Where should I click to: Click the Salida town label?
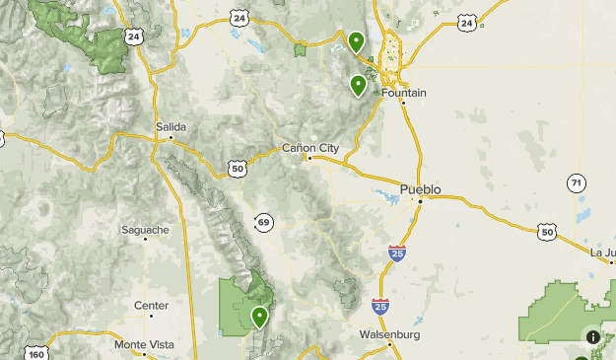click(x=171, y=126)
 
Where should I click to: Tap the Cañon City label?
click(x=309, y=148)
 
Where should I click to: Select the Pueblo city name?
click(x=420, y=188)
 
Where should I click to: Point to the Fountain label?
click(x=404, y=93)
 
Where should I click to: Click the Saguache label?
click(x=145, y=230)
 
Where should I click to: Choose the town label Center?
click(x=151, y=306)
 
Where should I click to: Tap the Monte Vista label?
click(x=144, y=344)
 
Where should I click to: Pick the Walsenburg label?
click(x=389, y=335)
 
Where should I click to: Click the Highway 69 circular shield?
click(x=263, y=223)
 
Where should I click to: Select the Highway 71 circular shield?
click(x=576, y=182)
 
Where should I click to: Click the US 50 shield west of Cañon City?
click(x=238, y=170)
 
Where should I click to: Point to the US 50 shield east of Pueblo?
click(x=547, y=231)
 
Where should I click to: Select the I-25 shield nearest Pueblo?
click(x=396, y=253)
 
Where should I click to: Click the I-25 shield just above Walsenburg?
click(x=380, y=307)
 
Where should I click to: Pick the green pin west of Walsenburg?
click(x=259, y=317)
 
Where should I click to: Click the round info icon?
click(x=593, y=337)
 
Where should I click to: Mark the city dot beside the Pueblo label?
click(x=419, y=200)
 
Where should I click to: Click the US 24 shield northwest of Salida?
click(x=134, y=36)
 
